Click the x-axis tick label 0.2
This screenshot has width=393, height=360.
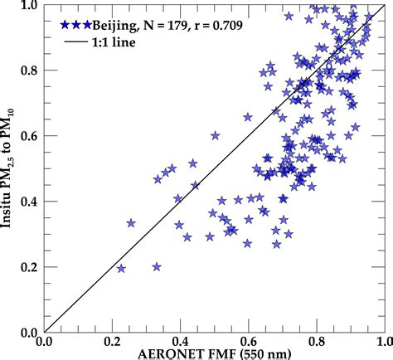click(x=112, y=341)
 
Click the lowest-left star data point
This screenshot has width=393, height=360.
click(x=122, y=269)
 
